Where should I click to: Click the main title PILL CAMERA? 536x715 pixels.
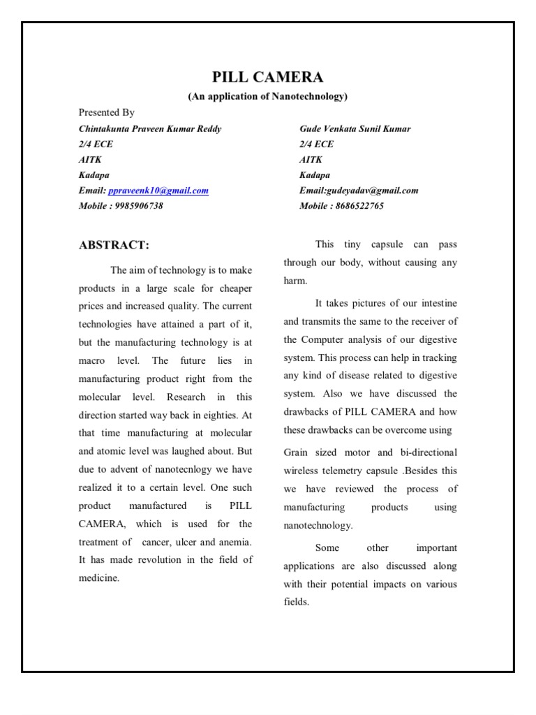(267, 78)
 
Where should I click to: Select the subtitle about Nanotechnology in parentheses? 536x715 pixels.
(267, 96)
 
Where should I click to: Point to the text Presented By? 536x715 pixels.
(107, 112)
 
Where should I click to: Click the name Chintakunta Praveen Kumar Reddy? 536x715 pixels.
(150, 128)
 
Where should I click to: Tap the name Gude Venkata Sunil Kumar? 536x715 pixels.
(355, 128)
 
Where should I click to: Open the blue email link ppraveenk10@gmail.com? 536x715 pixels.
(158, 191)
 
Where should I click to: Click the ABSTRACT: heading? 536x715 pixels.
(114, 245)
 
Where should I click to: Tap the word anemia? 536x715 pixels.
(234, 542)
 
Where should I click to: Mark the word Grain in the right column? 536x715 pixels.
(297, 452)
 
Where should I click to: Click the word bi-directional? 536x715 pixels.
(424, 452)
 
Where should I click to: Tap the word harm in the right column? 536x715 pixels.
(295, 281)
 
